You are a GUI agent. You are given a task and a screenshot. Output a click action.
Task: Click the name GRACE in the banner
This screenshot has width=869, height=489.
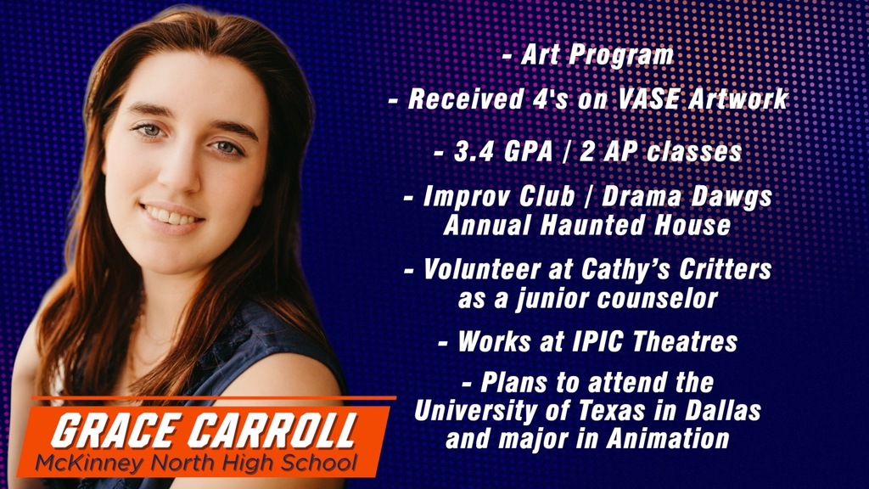(118, 431)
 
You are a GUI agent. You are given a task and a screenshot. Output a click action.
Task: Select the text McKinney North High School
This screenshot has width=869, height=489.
(196, 464)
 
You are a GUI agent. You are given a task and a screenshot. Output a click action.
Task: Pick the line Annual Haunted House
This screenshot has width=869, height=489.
(587, 226)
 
